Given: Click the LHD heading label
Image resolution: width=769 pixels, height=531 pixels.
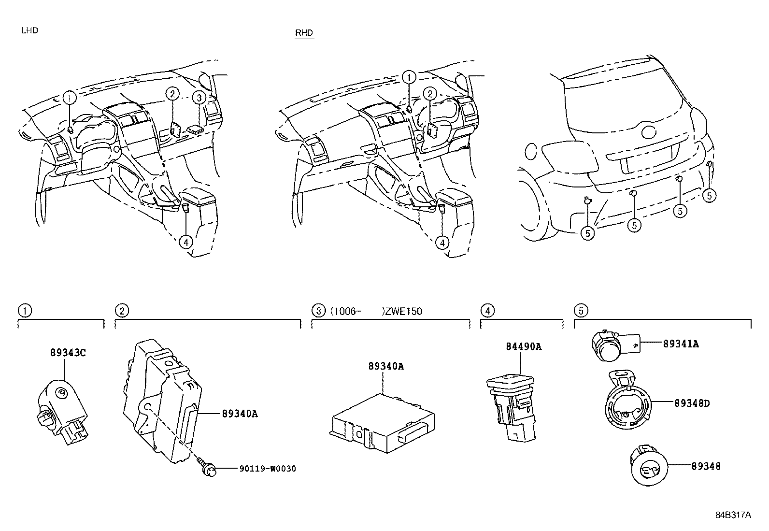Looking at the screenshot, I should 29,31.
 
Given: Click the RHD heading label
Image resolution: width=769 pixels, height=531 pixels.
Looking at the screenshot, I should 304,33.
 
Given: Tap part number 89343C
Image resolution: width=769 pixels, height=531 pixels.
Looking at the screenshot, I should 68,353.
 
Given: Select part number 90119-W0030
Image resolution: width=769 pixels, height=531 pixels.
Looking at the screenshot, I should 267,469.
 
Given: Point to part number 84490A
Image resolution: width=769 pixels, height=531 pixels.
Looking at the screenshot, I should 524,346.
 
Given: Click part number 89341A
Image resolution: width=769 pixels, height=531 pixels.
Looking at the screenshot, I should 681,344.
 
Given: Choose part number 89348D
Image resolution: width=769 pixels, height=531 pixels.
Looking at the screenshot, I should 692,403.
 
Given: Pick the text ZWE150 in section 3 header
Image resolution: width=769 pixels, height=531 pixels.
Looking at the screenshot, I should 403,311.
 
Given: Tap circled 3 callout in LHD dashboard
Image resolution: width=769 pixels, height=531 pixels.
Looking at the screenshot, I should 199,98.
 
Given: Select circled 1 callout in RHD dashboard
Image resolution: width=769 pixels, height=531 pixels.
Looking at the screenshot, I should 409,77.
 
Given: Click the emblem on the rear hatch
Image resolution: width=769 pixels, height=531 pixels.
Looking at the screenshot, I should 648,131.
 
